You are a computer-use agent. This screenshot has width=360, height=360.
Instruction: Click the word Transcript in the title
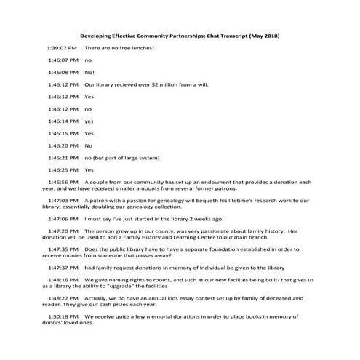coord(229,36)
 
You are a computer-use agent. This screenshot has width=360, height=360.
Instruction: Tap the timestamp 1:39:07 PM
coord(63,48)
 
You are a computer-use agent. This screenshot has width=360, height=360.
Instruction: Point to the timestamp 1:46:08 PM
coord(63,73)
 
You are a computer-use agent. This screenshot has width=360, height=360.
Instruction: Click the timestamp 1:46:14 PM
coord(63,121)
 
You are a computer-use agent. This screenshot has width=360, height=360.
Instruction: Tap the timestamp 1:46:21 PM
coord(63,157)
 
